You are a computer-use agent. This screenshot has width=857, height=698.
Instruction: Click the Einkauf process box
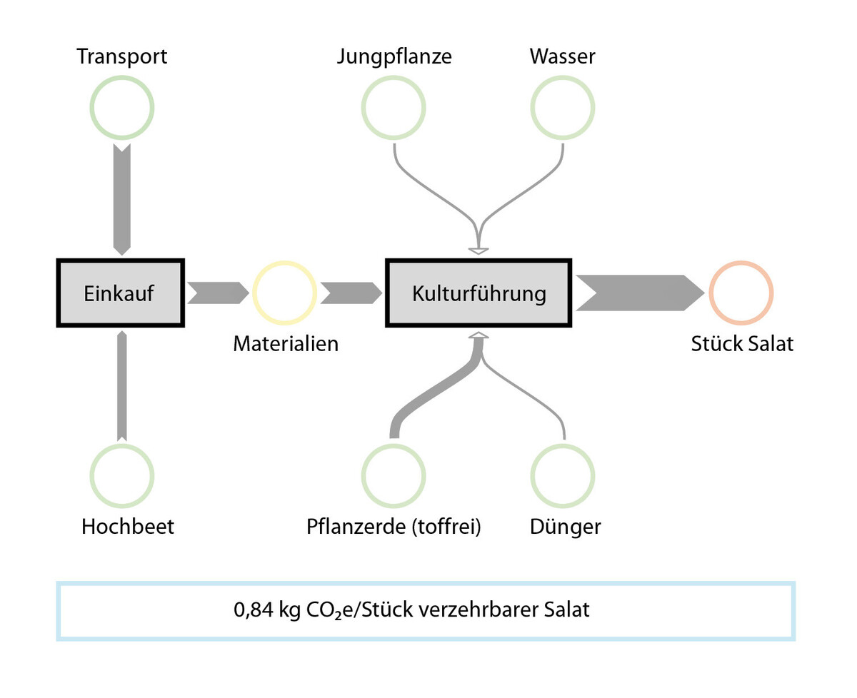120,293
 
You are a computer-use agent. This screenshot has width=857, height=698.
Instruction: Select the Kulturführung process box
478,293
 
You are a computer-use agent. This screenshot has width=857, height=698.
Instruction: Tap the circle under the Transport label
122,108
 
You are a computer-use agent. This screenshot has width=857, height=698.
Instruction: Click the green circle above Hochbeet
122,475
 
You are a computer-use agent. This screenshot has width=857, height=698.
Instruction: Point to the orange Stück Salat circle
741,293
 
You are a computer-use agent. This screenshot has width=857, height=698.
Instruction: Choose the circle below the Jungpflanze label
394,108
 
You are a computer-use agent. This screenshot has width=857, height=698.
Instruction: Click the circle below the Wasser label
563,108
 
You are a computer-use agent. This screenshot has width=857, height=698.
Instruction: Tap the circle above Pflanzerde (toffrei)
394,475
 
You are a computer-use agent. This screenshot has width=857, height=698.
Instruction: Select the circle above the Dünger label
563,475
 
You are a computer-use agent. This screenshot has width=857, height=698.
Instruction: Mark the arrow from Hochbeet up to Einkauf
122,385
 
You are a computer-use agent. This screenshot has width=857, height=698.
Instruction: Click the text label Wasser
563,57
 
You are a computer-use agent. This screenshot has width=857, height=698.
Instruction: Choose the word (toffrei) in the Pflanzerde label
446,527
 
